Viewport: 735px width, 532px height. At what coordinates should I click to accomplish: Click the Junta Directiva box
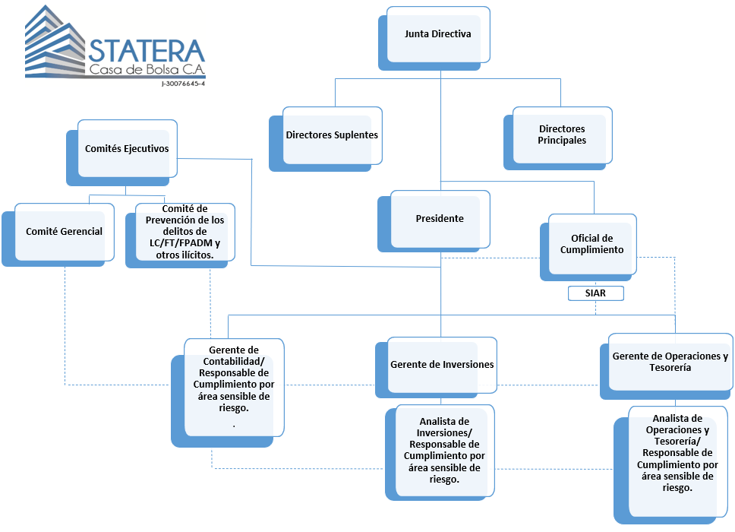click(x=438, y=35)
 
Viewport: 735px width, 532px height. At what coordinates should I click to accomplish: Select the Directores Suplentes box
click(x=332, y=135)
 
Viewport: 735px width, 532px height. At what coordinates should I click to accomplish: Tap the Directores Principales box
click(x=562, y=135)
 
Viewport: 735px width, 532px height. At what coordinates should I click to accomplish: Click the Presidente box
click(x=440, y=219)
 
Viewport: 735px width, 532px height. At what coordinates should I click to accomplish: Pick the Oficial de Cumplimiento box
click(x=591, y=244)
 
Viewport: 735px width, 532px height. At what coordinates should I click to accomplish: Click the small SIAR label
click(x=596, y=293)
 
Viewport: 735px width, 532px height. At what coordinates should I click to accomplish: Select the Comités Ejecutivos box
click(x=127, y=149)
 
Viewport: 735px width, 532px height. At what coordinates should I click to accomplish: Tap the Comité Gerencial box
click(x=65, y=232)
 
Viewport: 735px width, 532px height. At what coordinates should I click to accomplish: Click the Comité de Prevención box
click(x=185, y=232)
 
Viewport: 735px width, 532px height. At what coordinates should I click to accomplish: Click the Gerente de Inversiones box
click(x=442, y=365)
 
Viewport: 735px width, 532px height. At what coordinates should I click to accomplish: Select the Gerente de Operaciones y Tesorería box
click(x=670, y=362)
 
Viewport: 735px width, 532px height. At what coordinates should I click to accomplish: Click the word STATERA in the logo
click(x=147, y=51)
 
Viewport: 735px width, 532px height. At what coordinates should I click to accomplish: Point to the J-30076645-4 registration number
click(x=183, y=84)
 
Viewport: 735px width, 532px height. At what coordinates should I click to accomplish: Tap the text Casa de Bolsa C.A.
click(x=147, y=71)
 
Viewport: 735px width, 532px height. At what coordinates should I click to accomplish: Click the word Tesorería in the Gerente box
click(x=670, y=368)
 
